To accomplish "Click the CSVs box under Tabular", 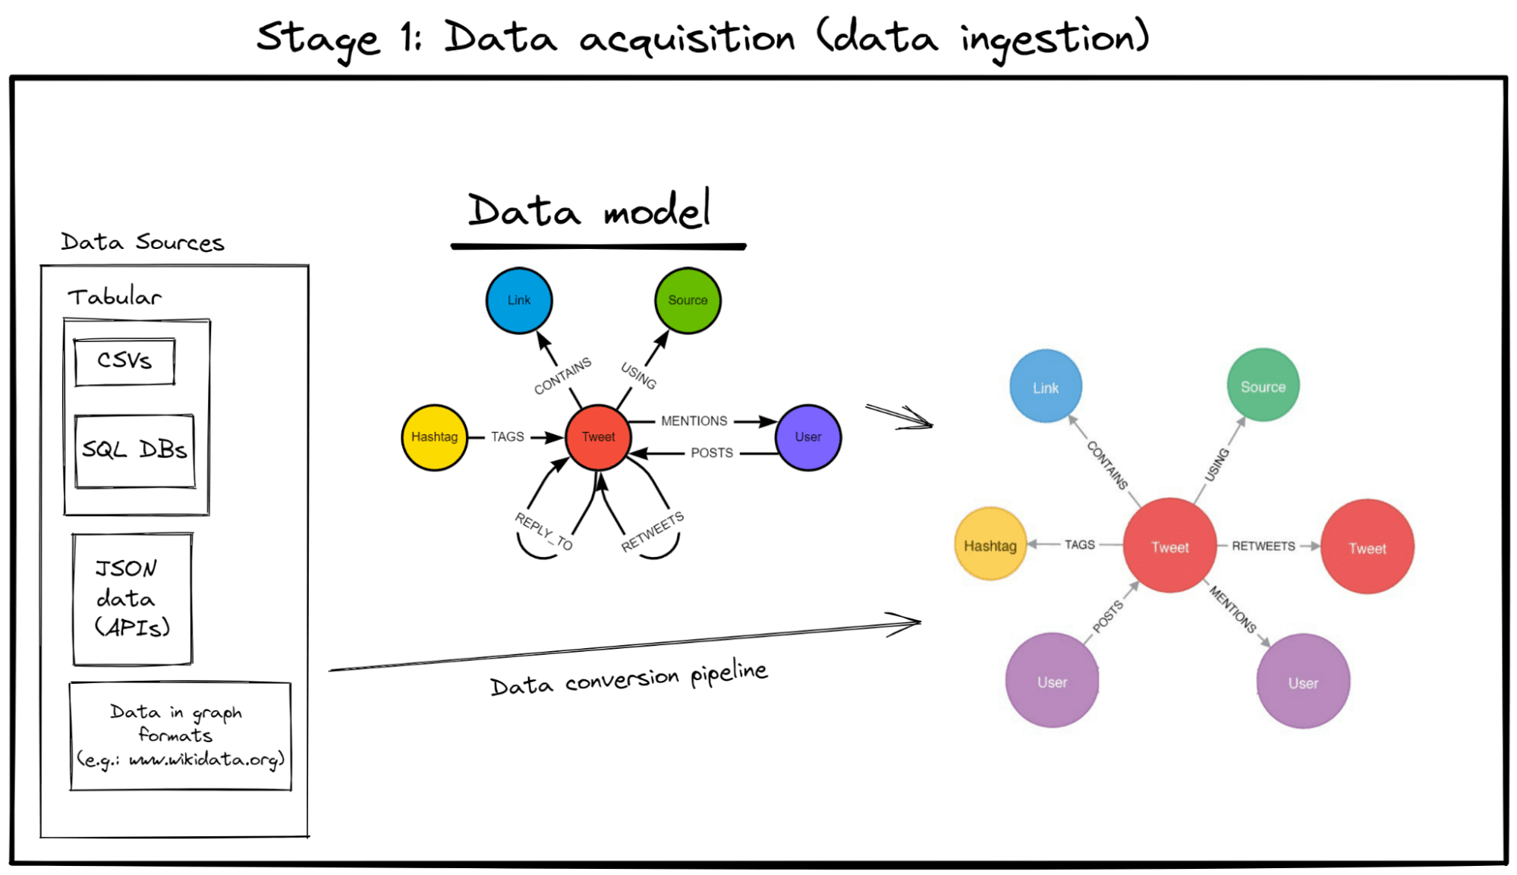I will pos(124,361).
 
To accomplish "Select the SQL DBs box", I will pos(134,450).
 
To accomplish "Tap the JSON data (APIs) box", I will pos(132,599).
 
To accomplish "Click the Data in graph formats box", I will pos(180,735).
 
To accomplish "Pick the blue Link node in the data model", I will pos(519,301).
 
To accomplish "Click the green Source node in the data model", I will pos(688,301).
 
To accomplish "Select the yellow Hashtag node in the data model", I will pos(434,437).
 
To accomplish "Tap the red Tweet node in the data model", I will pos(598,437).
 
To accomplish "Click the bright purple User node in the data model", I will pos(808,437).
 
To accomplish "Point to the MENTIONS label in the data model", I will pos(694,420).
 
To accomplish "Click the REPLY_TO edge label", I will pos(543,531).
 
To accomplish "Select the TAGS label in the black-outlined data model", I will pos(507,437).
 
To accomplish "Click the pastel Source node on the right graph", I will pos(1263,386).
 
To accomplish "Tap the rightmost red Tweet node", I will pos(1367,547).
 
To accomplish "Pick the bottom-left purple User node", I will pos(1052,681).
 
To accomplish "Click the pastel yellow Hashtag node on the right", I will pos(990,545).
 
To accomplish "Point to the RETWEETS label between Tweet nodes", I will pos(1263,546).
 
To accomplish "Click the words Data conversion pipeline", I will pos(628,677).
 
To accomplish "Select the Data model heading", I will pos(590,211).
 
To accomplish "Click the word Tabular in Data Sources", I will pos(115,297).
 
